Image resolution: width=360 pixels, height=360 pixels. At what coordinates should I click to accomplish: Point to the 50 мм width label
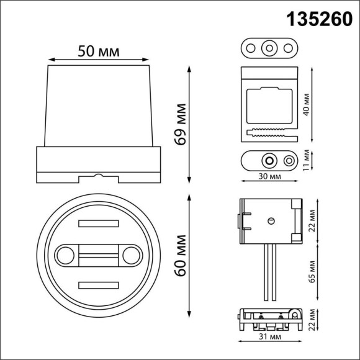click(x=99, y=50)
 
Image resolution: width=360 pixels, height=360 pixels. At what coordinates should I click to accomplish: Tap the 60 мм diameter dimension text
click(x=181, y=256)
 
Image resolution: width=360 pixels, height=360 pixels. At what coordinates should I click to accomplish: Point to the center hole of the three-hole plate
click(x=269, y=47)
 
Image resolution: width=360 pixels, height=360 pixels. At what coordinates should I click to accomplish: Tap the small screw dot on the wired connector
click(x=271, y=220)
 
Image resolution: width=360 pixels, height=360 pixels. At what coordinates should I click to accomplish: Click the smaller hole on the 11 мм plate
click(x=289, y=161)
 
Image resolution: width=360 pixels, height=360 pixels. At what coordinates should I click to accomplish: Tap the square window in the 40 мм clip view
click(x=269, y=106)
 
